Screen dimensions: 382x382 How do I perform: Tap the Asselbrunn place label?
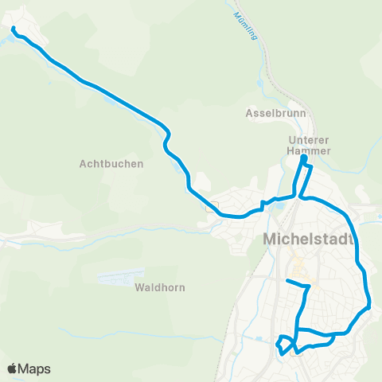click(271, 113)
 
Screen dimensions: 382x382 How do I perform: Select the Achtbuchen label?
click(111, 164)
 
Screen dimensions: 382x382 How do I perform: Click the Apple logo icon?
click(13, 368)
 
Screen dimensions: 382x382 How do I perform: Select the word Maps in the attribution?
click(36, 368)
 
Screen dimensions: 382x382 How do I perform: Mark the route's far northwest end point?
click(14, 29)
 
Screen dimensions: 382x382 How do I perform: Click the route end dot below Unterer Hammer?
click(303, 160)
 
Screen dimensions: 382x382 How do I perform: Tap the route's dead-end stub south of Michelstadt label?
click(288, 281)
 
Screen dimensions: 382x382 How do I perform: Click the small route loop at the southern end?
click(283, 345)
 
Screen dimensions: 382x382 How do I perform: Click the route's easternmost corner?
click(370, 306)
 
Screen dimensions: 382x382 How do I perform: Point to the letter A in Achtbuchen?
click(84, 164)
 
